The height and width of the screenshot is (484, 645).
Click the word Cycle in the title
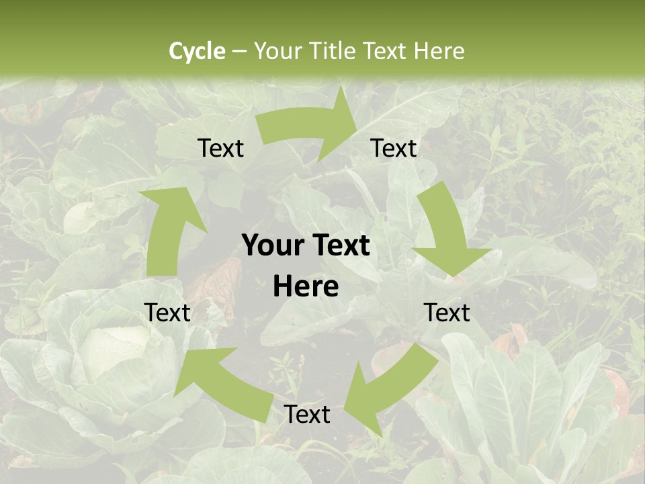[x=197, y=51]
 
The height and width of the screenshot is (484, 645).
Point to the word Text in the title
[x=386, y=51]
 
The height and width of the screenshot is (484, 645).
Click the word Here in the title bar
[x=439, y=51]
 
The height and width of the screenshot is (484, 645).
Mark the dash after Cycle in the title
[x=239, y=52]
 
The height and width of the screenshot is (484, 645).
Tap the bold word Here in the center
[x=306, y=287]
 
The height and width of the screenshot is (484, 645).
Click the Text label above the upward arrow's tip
[x=221, y=149]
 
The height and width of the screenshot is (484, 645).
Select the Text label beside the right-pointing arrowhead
[x=394, y=149]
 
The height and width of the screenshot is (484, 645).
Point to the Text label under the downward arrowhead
[x=447, y=313]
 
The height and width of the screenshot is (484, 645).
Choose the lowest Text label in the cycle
[x=307, y=415]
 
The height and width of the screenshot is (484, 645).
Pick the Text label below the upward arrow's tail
[x=167, y=313]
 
